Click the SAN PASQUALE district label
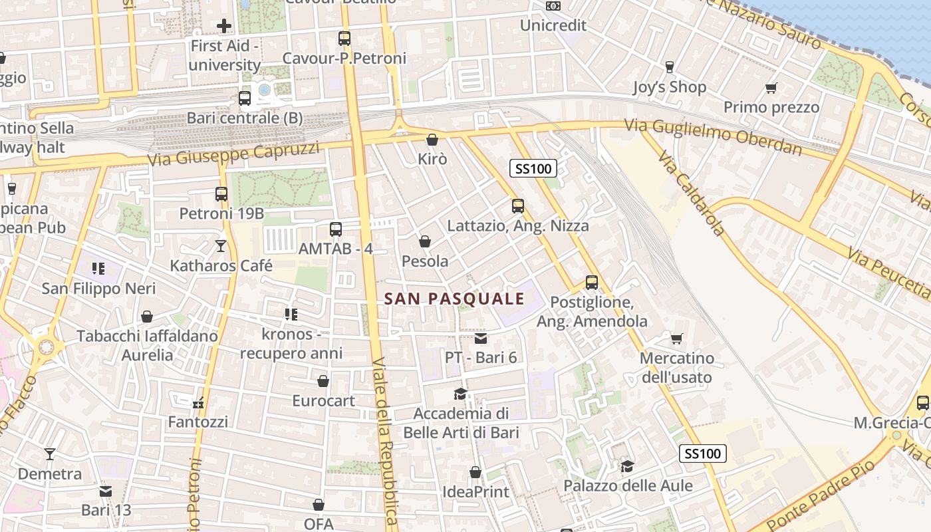[455, 299]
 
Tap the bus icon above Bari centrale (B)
[245, 98]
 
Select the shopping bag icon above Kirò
[432, 140]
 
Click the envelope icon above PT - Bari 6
[481, 338]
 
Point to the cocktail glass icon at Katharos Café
[221, 246]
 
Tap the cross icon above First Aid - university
[224, 26]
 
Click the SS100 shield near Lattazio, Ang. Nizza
[533, 168]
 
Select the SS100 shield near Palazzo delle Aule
[702, 454]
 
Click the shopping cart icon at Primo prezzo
[771, 88]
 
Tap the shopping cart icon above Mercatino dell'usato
[677, 339]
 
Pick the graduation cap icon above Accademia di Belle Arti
[460, 394]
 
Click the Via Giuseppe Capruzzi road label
[233, 154]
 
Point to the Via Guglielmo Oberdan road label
[713, 136]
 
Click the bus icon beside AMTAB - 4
[336, 229]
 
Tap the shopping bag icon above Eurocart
[323, 381]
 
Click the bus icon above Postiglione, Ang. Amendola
[592, 282]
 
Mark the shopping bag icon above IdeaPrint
[475, 472]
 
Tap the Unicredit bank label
[553, 25]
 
